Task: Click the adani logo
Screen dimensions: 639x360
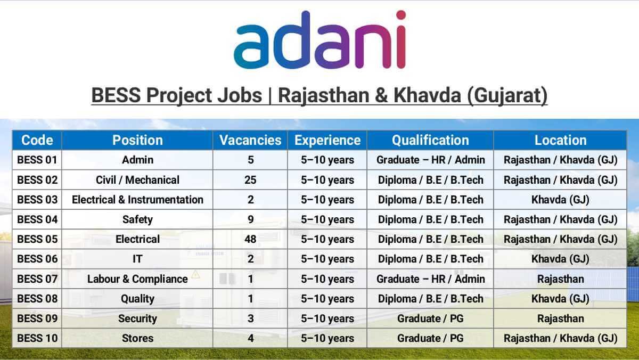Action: coord(320,40)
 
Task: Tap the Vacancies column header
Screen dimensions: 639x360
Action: coord(250,140)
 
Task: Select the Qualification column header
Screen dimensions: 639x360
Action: coord(430,140)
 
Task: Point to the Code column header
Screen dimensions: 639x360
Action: coord(37,140)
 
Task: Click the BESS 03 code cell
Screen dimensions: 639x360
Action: coord(37,200)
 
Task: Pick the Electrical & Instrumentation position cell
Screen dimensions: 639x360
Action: coord(137,200)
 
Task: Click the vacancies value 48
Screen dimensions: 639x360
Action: coord(250,239)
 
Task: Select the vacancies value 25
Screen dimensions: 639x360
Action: coord(250,180)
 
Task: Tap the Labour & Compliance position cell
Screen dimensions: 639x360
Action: coord(137,279)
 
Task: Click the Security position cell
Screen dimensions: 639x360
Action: coord(137,318)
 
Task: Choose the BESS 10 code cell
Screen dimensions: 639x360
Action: coord(37,338)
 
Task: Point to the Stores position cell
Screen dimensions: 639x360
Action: coord(137,338)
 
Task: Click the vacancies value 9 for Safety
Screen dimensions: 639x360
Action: coord(250,219)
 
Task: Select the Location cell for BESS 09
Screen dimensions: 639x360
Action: coord(561,318)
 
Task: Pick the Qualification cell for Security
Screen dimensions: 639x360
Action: coord(430,318)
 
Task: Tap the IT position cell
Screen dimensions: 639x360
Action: coord(137,259)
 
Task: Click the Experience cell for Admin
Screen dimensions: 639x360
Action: coord(327,160)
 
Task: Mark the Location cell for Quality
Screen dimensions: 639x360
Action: coord(560,299)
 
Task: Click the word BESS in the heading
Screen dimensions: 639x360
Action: coord(116,95)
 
